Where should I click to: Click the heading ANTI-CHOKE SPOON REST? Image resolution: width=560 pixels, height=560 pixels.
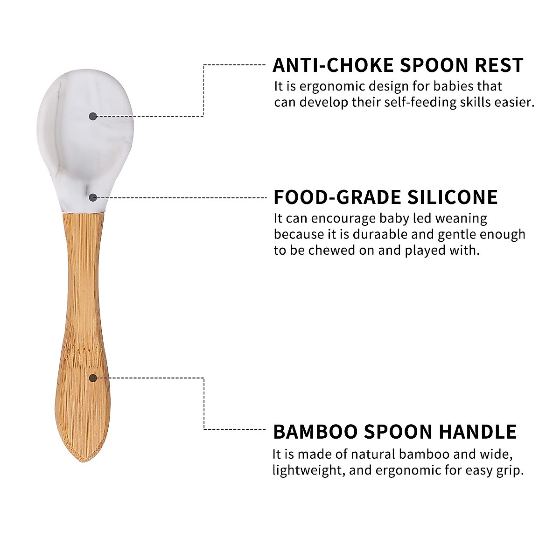(x=398, y=65)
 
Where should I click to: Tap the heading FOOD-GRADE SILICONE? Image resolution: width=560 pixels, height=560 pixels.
(x=385, y=197)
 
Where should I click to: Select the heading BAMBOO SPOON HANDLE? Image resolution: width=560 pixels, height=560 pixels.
(x=395, y=432)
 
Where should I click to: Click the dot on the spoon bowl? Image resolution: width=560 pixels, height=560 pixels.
(x=93, y=116)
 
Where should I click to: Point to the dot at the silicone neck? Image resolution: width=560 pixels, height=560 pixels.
(x=93, y=197)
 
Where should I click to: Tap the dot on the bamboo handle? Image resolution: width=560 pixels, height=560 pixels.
(x=93, y=378)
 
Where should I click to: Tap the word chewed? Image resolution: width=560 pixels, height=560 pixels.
(x=332, y=250)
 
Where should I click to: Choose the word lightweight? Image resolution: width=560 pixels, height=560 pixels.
(x=308, y=470)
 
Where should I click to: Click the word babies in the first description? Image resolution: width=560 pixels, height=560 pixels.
(x=454, y=87)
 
